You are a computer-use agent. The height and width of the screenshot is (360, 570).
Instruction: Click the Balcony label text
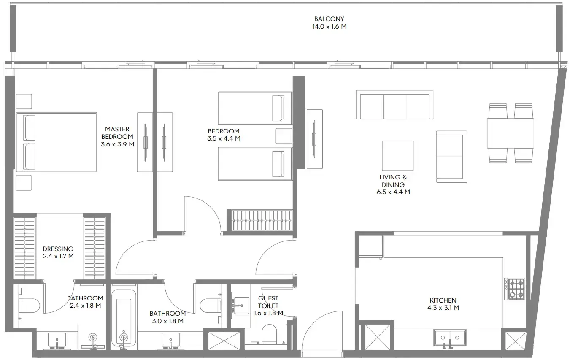point(329,19)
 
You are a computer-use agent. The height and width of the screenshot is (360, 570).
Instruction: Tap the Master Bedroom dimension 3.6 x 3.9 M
point(118,144)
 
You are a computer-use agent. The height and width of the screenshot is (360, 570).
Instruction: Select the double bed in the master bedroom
point(57,142)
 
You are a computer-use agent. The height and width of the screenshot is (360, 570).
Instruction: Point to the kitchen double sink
point(450,337)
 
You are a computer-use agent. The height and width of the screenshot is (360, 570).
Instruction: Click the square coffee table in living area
point(397,155)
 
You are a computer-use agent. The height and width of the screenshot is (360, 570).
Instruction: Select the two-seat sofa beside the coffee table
point(451,157)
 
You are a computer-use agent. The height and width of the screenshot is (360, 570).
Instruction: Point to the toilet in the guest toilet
point(269,334)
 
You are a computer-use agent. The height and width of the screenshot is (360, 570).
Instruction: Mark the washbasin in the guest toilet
point(242,305)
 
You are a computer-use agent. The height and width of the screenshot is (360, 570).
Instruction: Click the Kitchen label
point(443,300)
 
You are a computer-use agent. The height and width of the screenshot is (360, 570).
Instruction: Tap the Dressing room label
point(58,249)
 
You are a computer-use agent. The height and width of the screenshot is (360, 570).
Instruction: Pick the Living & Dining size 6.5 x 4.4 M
point(393,192)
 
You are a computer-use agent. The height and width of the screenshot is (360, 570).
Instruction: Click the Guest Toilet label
point(268,302)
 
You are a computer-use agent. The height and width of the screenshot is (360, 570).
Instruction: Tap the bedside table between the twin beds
point(283,136)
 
